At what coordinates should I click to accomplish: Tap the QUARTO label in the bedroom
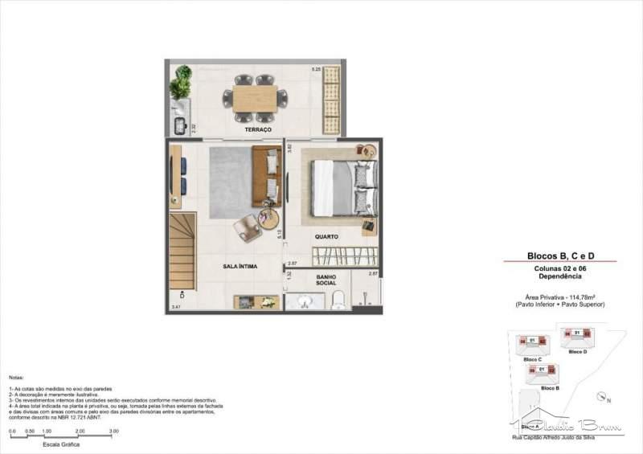(326, 237)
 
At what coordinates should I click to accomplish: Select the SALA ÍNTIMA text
(240, 266)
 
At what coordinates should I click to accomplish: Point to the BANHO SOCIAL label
(326, 280)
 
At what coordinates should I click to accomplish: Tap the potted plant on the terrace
(182, 82)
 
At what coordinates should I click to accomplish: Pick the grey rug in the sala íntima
(233, 182)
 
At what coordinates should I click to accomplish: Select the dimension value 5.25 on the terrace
(317, 70)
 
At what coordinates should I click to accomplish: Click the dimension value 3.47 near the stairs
(176, 307)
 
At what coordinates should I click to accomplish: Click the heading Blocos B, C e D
(560, 255)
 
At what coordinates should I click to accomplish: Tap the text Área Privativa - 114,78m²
(560, 297)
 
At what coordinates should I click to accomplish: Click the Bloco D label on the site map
(577, 352)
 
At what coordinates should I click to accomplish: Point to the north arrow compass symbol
(602, 396)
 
